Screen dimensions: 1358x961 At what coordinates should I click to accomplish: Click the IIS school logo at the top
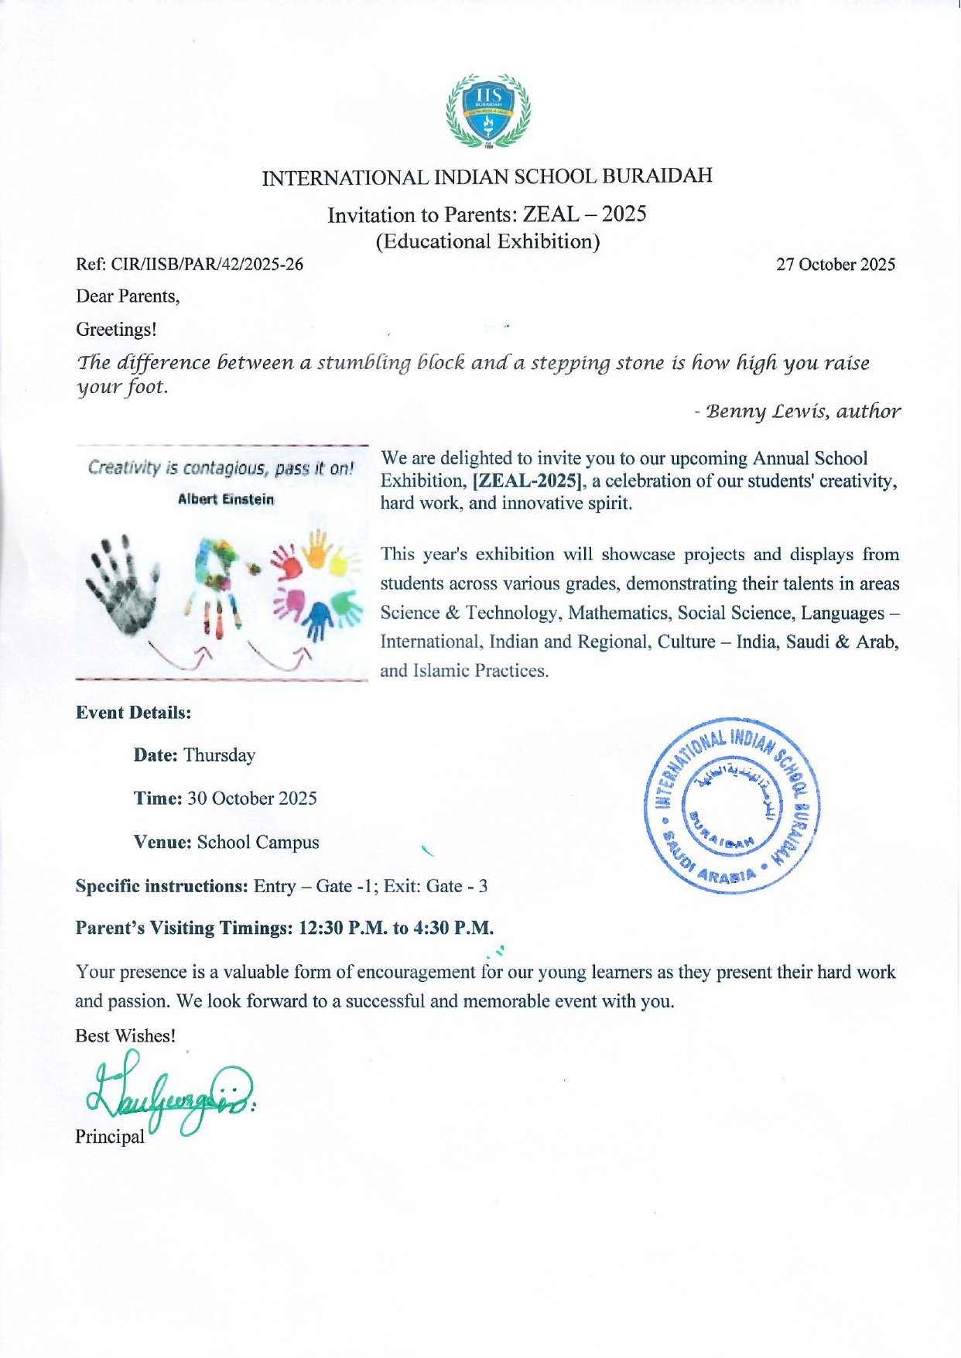point(488,110)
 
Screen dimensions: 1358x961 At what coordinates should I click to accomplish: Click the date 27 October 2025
point(836,265)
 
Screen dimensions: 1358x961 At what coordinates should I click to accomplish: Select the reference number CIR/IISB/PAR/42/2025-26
point(207,265)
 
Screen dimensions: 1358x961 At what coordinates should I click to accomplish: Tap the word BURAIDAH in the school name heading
point(657,176)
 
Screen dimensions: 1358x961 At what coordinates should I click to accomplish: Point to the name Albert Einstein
point(226,500)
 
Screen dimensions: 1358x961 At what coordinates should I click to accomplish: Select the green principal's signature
point(170,1097)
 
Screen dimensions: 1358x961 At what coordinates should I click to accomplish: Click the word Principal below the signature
point(109,1137)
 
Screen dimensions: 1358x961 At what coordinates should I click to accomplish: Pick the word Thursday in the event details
point(219,755)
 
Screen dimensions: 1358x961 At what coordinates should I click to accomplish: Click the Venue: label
point(162,842)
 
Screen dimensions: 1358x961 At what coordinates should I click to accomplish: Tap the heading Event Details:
point(133,713)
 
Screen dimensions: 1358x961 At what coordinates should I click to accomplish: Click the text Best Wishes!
point(125,1035)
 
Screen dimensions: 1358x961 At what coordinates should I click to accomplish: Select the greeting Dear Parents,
point(128,296)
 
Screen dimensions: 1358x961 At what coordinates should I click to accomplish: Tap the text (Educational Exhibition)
point(487,241)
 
